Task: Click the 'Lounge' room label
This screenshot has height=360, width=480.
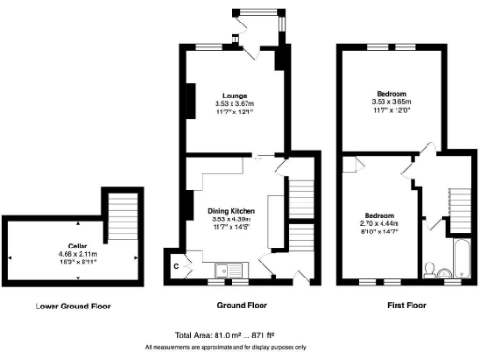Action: [233, 96]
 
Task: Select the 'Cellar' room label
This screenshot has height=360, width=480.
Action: [66, 245]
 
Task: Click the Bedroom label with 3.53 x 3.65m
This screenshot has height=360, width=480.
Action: [392, 95]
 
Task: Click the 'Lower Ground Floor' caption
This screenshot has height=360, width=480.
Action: [73, 306]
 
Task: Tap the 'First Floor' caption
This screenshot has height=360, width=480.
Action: [406, 306]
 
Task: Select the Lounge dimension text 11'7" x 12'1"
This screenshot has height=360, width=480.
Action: [233, 112]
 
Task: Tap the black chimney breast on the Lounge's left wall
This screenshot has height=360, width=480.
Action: [188, 98]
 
